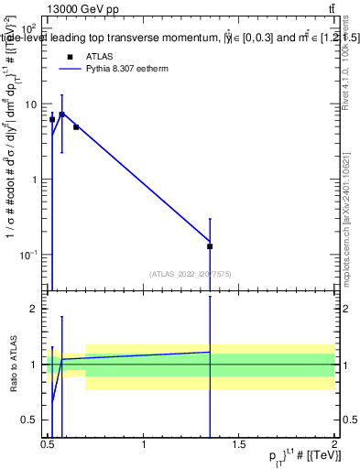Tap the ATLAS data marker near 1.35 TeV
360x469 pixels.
click(210, 246)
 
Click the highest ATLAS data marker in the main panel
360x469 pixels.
click(61, 115)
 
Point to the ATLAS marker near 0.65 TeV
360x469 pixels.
click(76, 127)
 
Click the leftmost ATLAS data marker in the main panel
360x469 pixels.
click(52, 119)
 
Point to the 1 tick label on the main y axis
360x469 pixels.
click(35, 180)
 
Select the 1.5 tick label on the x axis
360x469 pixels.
click(239, 444)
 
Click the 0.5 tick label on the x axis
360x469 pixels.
click(49, 444)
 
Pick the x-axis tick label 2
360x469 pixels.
click(334, 444)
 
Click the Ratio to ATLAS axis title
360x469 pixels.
click(13, 365)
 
